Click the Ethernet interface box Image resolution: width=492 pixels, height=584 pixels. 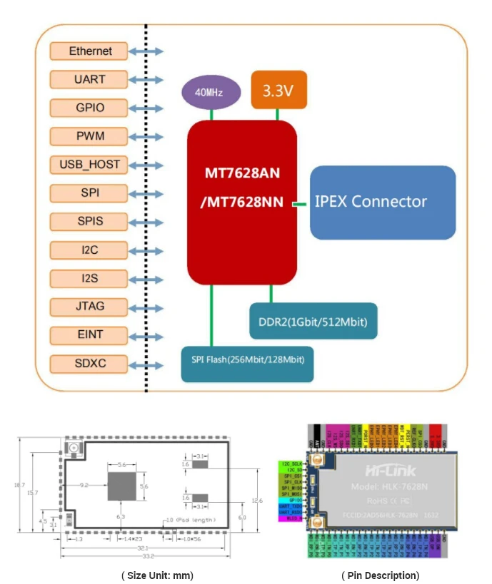tap(90, 51)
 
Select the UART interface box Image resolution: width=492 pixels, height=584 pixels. tap(90, 79)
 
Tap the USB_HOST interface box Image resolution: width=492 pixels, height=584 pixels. tap(90, 165)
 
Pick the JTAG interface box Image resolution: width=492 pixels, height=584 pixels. tap(90, 307)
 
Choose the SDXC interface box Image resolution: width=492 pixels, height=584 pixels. tap(90, 364)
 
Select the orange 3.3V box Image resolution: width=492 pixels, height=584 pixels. tap(279, 90)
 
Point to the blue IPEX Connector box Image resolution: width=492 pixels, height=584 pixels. tap(382, 203)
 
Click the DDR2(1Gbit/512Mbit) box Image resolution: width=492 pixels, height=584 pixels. tap(313, 322)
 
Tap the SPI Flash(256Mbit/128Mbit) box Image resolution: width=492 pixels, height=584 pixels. tap(247, 359)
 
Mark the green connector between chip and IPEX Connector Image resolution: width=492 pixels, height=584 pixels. tap(302, 204)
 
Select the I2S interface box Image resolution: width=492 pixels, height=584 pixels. tap(90, 279)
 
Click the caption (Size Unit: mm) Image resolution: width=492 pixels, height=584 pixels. tap(157, 575)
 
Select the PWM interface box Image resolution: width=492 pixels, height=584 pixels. tap(90, 136)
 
